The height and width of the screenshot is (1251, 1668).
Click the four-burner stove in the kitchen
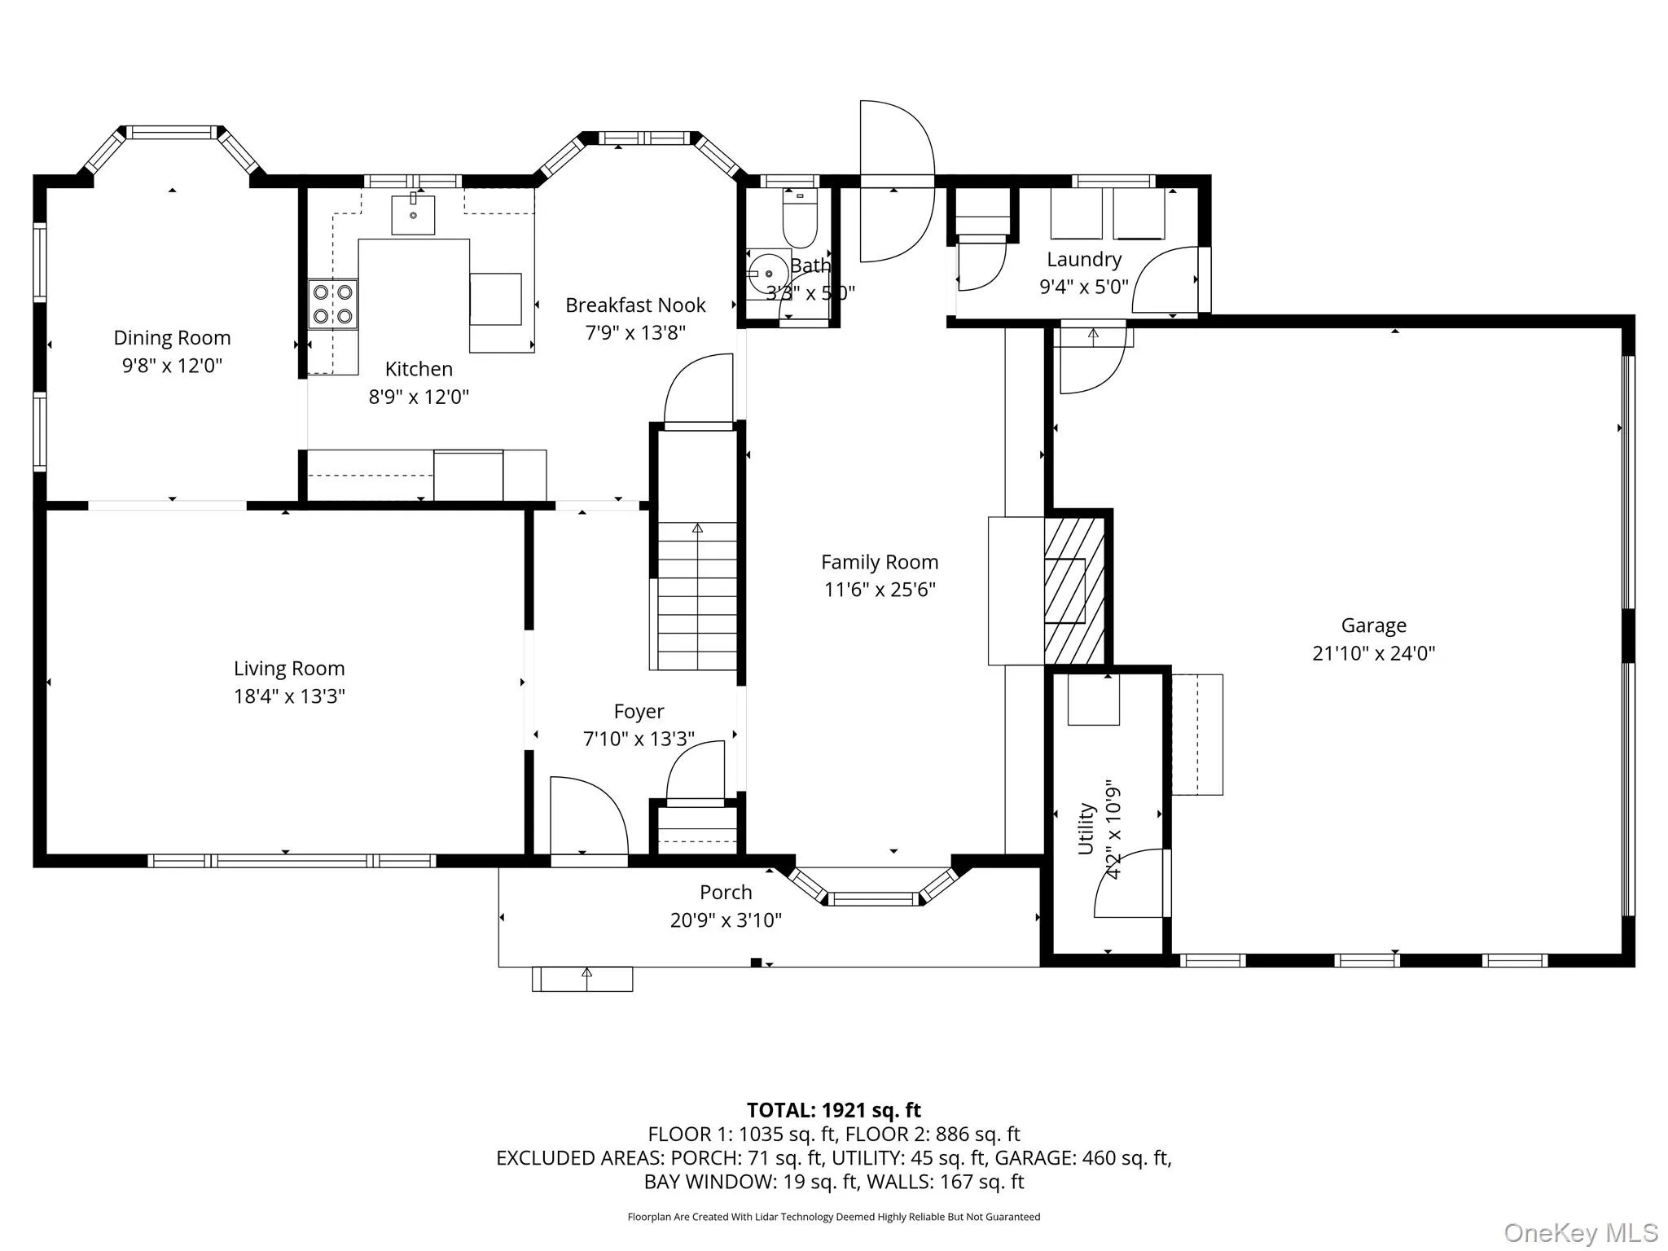pyautogui.click(x=332, y=304)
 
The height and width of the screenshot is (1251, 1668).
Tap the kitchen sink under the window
pyautogui.click(x=413, y=215)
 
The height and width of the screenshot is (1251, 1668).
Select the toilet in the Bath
pyautogui.click(x=799, y=218)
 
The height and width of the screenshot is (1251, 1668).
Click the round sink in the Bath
pyautogui.click(x=767, y=274)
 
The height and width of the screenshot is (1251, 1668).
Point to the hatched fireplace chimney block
pyautogui.click(x=1074, y=590)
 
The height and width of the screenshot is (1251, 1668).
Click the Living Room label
pyautogui.click(x=289, y=669)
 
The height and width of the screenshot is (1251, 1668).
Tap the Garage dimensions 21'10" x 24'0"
pyautogui.click(x=1373, y=653)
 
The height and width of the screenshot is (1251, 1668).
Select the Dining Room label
pyautogui.click(x=172, y=338)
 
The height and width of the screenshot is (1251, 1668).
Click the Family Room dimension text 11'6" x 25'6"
pyautogui.click(x=880, y=590)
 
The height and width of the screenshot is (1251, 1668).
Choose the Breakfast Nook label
pyautogui.click(x=635, y=305)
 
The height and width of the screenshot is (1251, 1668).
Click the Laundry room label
pyautogui.click(x=1084, y=260)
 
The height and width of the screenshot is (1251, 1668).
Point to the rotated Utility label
pyautogui.click(x=1086, y=828)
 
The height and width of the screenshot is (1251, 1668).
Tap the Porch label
pyautogui.click(x=726, y=893)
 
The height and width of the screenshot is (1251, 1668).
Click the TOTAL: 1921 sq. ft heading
pyautogui.click(x=833, y=1110)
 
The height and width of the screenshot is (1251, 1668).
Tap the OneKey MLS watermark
pyautogui.click(x=1580, y=1232)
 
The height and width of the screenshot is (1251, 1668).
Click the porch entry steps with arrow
pyautogui.click(x=582, y=979)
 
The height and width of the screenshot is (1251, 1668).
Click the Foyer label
pyautogui.click(x=639, y=712)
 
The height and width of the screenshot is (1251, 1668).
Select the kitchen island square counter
pyautogui.click(x=495, y=299)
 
